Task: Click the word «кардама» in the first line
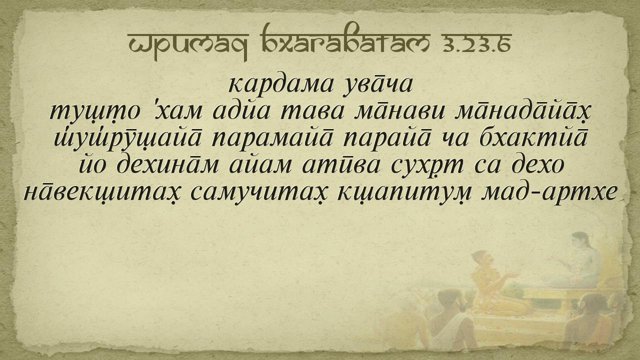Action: pos(280,85)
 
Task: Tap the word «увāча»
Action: pos(377,85)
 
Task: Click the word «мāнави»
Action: pos(399,111)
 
